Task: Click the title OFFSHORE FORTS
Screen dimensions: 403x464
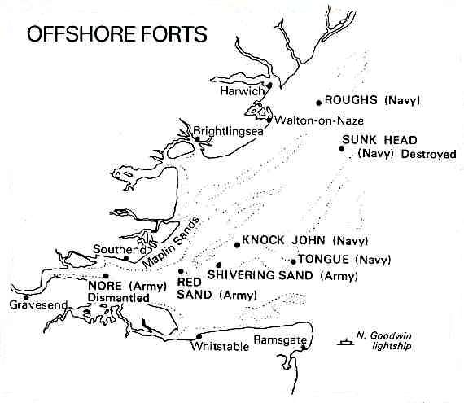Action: click(x=116, y=36)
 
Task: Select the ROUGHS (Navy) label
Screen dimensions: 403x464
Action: click(x=371, y=101)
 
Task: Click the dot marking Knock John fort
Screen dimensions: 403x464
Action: click(x=236, y=243)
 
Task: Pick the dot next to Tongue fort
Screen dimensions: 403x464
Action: click(x=292, y=261)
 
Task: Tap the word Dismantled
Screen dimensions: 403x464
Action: click(x=119, y=299)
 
